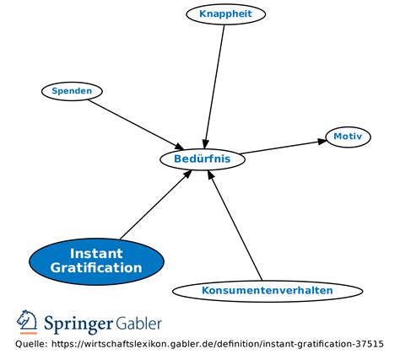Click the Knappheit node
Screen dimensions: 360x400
[x=226, y=13]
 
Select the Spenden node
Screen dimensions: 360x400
[x=72, y=90]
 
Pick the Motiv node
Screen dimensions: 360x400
[x=348, y=137]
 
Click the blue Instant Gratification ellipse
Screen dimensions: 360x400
[x=95, y=261]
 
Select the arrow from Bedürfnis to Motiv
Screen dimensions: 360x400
[x=283, y=147]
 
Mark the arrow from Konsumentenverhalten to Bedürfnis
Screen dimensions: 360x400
[x=236, y=223]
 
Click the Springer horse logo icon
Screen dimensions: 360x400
[x=27, y=322]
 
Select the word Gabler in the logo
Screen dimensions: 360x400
[x=139, y=323]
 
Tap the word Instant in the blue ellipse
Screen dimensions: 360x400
[x=95, y=253]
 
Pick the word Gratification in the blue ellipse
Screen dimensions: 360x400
[x=95, y=268]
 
